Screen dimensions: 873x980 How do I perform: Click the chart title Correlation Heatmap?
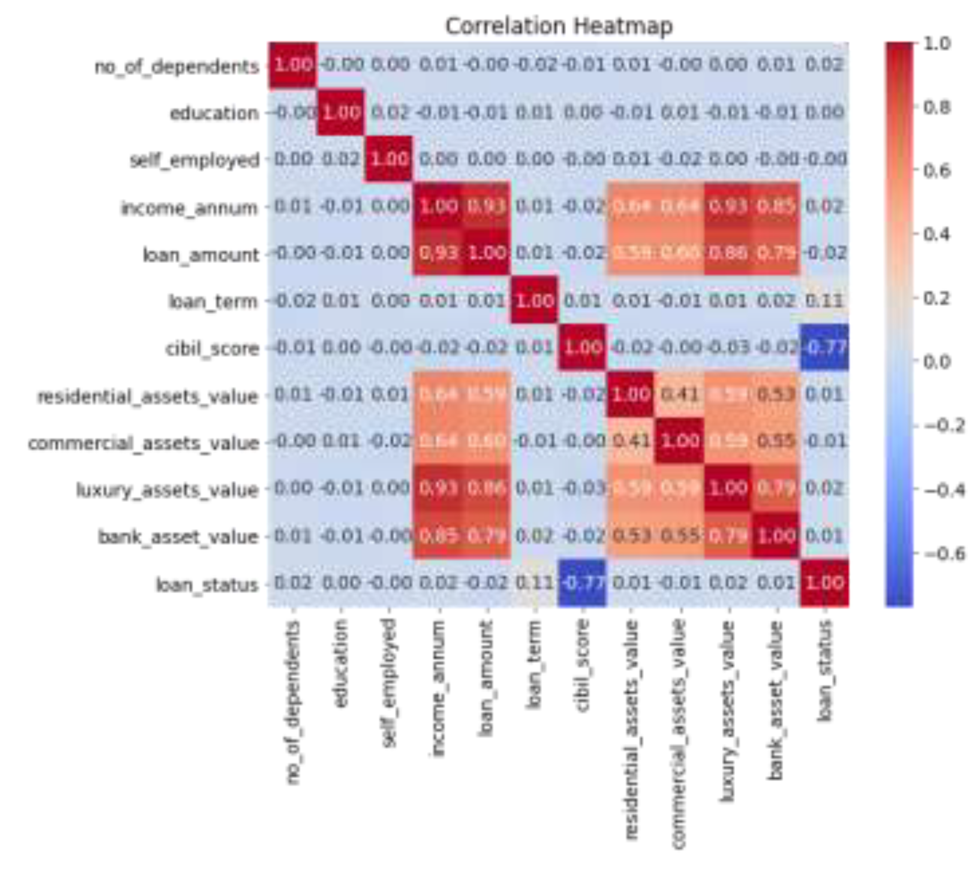click(x=559, y=26)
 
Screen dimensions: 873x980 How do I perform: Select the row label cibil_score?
click(x=212, y=348)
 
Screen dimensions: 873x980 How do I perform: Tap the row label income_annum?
click(x=189, y=208)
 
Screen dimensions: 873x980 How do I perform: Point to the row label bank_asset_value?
click(x=178, y=536)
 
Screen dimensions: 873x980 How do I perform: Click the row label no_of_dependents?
click(x=177, y=66)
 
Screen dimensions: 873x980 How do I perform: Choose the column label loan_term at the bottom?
click(x=534, y=665)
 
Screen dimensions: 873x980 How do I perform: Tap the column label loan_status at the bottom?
click(x=825, y=670)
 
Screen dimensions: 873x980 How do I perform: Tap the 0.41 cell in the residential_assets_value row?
click(x=680, y=394)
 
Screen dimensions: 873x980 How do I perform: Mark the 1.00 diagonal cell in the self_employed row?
click(x=389, y=159)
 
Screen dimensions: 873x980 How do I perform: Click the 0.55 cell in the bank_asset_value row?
click(x=680, y=535)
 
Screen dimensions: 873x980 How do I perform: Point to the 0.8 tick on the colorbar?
click(x=936, y=107)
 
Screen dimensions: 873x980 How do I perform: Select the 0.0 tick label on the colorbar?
click(x=937, y=362)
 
